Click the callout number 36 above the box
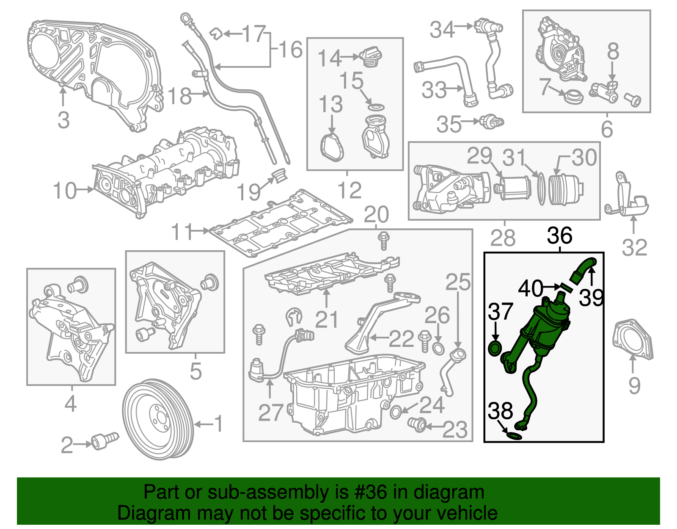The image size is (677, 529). [x=559, y=235]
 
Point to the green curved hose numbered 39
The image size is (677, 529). [x=582, y=270]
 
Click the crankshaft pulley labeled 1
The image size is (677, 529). [x=158, y=419]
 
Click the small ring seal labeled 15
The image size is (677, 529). [x=375, y=106]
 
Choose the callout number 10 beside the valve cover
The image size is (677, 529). [x=65, y=191]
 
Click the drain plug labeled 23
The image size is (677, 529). [x=417, y=424]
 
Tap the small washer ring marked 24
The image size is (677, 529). [x=396, y=412]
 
